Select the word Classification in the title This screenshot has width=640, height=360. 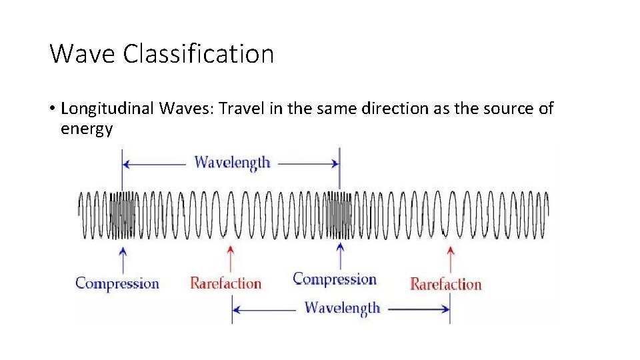(x=198, y=53)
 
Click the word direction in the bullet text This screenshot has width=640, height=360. (x=393, y=109)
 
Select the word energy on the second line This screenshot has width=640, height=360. (x=87, y=129)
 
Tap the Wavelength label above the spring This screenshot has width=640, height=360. (x=232, y=162)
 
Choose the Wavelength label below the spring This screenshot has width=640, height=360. (x=342, y=308)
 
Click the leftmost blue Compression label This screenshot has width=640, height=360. (x=117, y=283)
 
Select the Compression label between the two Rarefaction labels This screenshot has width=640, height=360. (x=335, y=279)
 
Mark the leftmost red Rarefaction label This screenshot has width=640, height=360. (x=225, y=283)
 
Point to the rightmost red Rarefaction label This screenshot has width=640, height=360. (x=445, y=284)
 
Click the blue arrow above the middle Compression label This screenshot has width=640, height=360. (x=341, y=256)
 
